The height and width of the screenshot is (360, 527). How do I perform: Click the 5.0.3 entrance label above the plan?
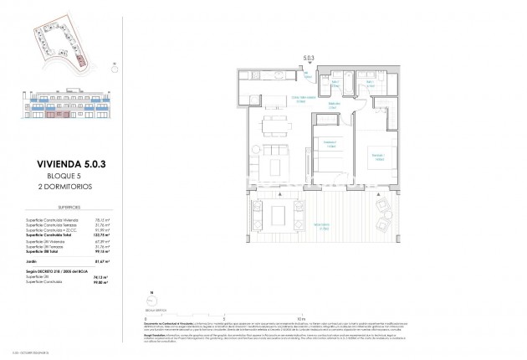pyautogui.click(x=310, y=59)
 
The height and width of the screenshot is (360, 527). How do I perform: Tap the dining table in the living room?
pyautogui.click(x=269, y=127)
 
